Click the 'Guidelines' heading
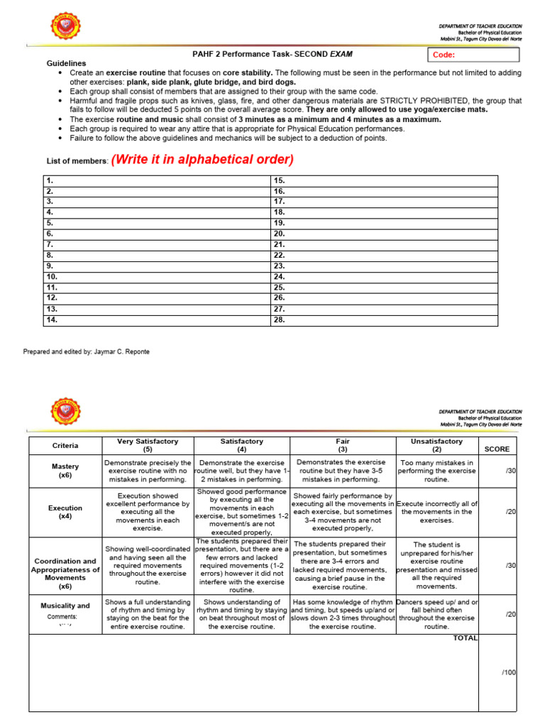(x=66, y=63)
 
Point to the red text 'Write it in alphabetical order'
(x=202, y=160)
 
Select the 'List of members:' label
(x=77, y=162)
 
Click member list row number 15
(x=279, y=181)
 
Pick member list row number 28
(x=279, y=320)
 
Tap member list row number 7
(x=50, y=244)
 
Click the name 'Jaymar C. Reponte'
(x=121, y=351)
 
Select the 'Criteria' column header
(x=65, y=446)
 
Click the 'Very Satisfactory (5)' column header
(x=147, y=445)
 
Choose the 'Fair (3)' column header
(x=342, y=445)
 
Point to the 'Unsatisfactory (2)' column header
(x=436, y=445)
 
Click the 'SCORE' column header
(x=497, y=449)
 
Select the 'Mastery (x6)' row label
(x=65, y=471)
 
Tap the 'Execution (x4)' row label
(x=65, y=513)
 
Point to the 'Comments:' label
(x=62, y=617)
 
